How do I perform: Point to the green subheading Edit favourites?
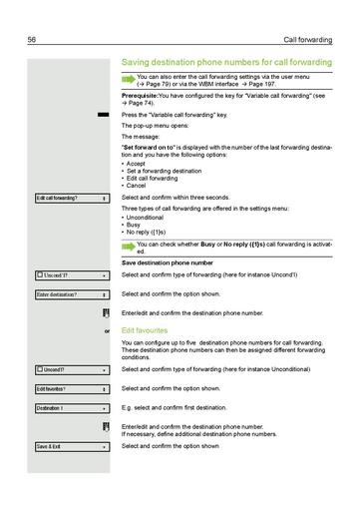click(144, 328)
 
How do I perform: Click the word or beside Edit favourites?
click(107, 328)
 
